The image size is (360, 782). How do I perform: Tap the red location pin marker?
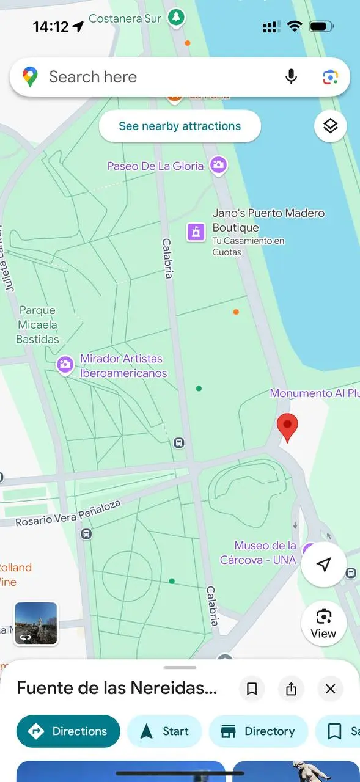pyautogui.click(x=287, y=426)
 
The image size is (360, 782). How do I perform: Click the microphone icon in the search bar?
pyautogui.click(x=292, y=77)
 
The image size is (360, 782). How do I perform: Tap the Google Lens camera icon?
pyautogui.click(x=330, y=77)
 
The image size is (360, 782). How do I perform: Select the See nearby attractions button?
pyautogui.click(x=180, y=126)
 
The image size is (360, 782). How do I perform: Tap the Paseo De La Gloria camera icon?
pyautogui.click(x=218, y=164)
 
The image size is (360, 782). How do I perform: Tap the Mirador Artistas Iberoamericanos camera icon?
pyautogui.click(x=65, y=365)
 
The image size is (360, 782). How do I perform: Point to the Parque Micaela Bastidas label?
pyautogui.click(x=38, y=325)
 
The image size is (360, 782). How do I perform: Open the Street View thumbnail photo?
pyautogui.click(x=36, y=623)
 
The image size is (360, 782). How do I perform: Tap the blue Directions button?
pyautogui.click(x=68, y=731)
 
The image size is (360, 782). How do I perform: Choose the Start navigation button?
pyautogui.click(x=164, y=731)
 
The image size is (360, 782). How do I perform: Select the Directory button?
pyautogui.click(x=258, y=731)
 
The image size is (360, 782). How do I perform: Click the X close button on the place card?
pyautogui.click(x=330, y=689)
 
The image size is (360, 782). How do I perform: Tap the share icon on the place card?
pyautogui.click(x=291, y=689)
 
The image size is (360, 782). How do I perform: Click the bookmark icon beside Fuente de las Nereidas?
pyautogui.click(x=252, y=689)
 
